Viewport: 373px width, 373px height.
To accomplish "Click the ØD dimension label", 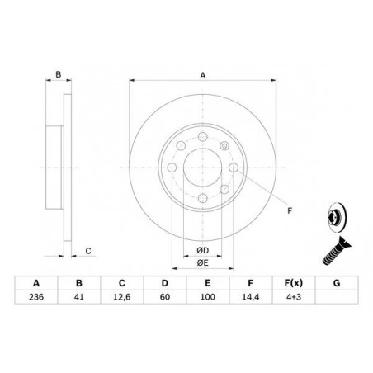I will (x=201, y=250).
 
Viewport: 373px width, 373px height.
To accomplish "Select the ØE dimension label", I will (x=201, y=263).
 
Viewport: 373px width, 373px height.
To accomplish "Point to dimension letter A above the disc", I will (x=202, y=74).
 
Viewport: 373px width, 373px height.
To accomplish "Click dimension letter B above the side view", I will (x=58, y=75).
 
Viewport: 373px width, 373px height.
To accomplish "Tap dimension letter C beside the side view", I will (x=88, y=251).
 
